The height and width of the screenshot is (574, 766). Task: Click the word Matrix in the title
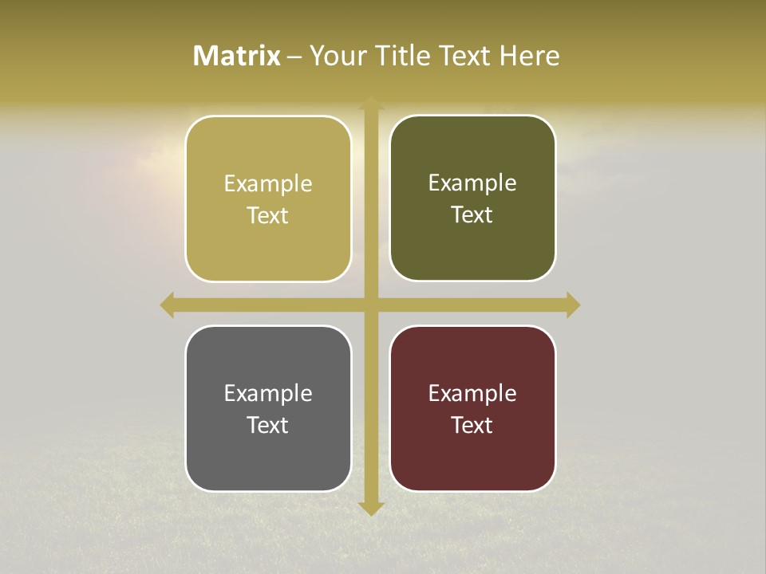click(x=236, y=56)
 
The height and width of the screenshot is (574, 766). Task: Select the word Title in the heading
click(x=405, y=56)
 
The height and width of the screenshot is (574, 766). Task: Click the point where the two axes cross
click(x=371, y=305)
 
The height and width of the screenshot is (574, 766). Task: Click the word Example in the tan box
click(x=268, y=184)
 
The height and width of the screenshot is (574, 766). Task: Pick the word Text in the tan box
click(x=268, y=215)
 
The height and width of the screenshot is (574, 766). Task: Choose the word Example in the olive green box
click(x=472, y=183)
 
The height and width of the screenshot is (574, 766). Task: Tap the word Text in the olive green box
click(x=472, y=214)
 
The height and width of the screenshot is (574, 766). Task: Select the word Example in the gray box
click(x=268, y=393)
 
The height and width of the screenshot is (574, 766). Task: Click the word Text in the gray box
click(x=268, y=425)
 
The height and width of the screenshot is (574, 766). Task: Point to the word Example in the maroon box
click(x=472, y=393)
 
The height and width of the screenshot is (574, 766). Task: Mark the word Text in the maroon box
click(x=472, y=425)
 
